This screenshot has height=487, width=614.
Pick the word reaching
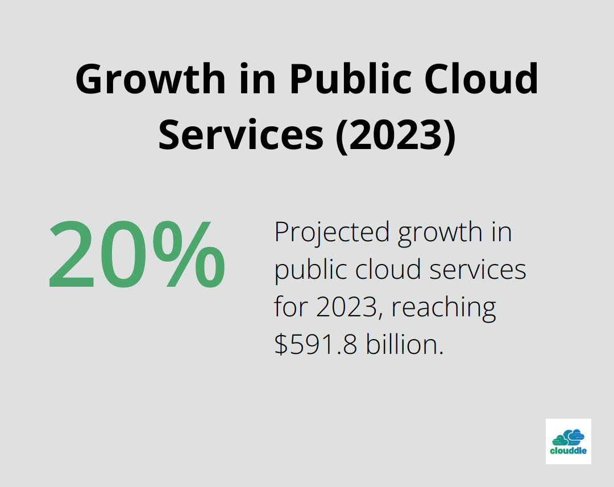[444, 308]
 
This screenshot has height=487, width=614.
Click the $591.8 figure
[316, 345]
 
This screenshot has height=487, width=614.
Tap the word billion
[404, 345]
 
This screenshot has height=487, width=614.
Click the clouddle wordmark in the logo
[569, 451]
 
